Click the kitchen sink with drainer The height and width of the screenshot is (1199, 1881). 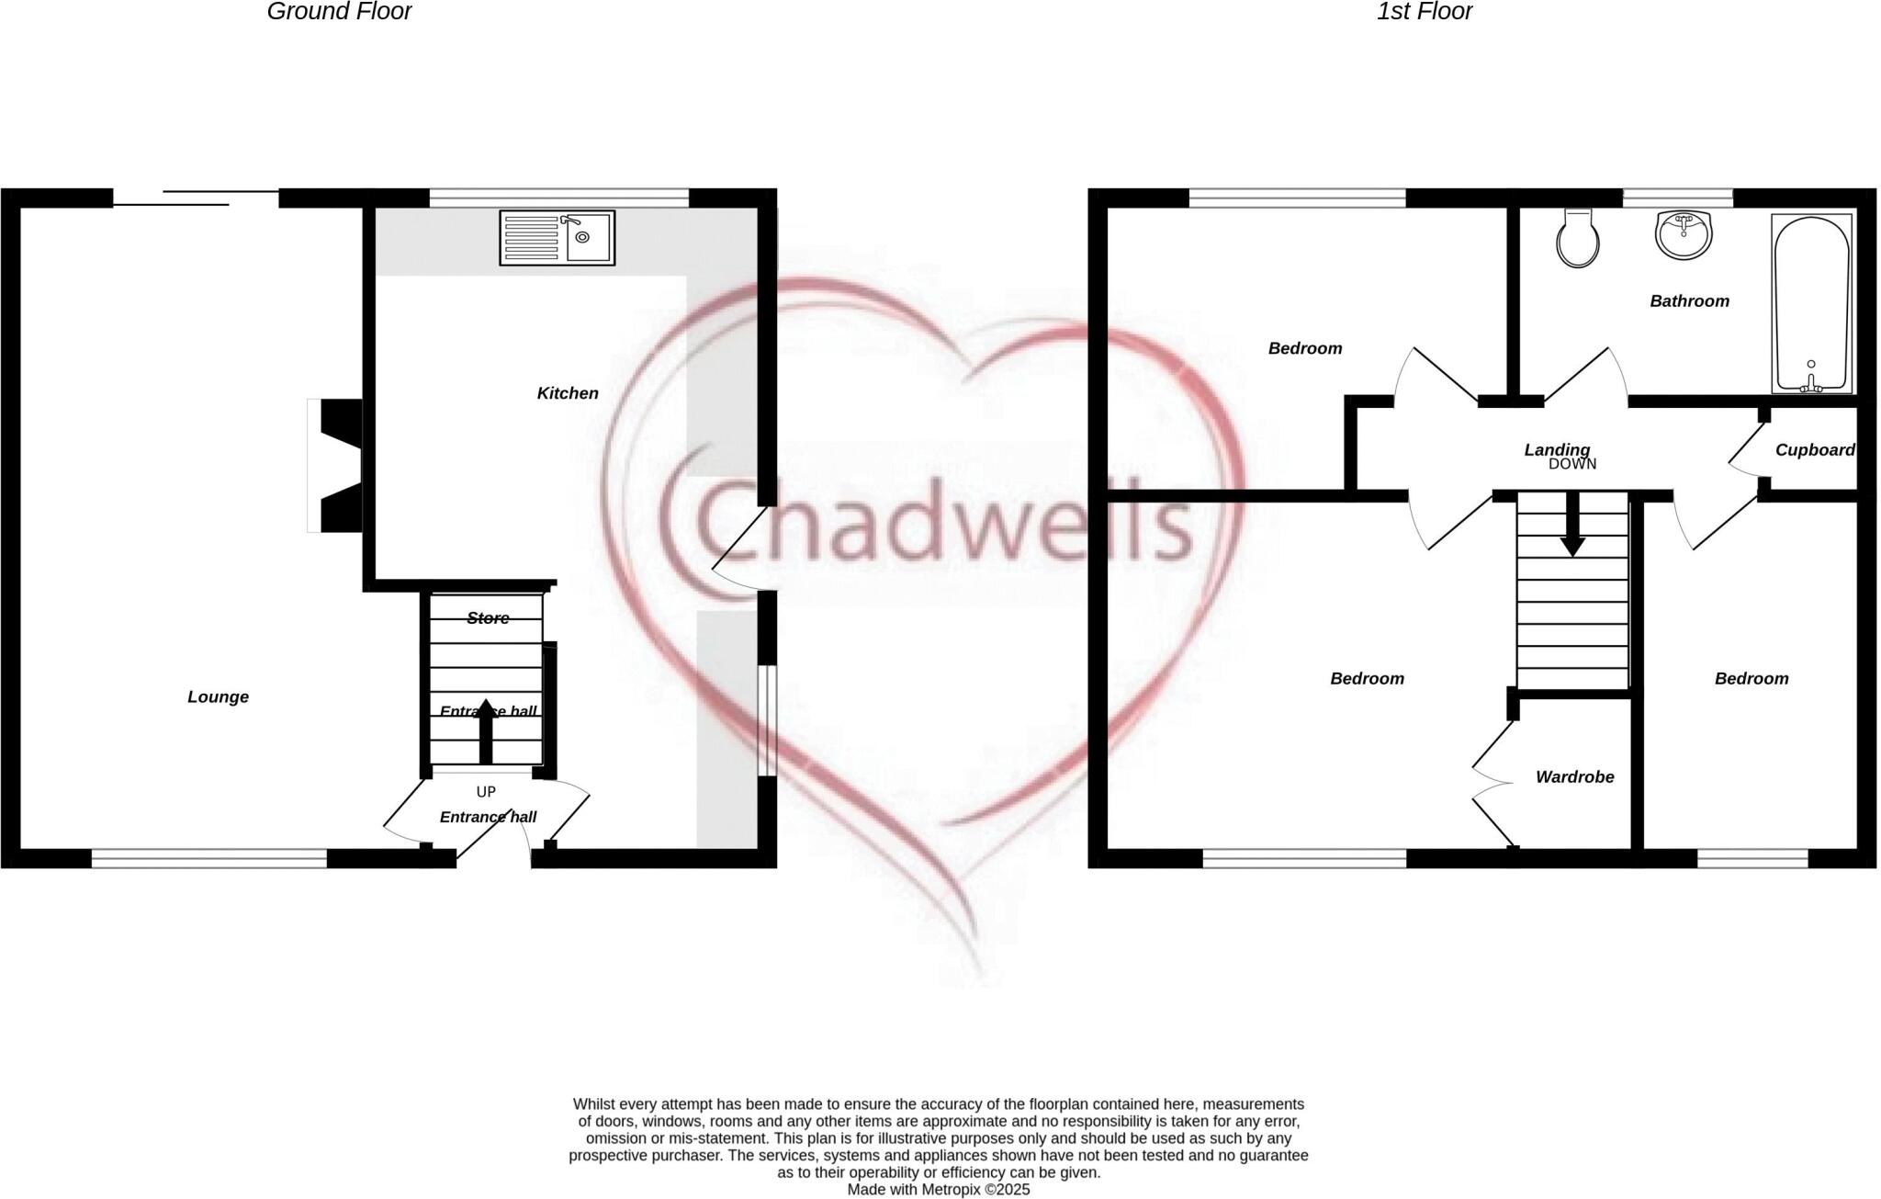coord(557,238)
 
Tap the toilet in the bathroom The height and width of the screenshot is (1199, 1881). coord(1578,239)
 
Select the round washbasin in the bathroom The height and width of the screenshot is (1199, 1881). coord(1684,234)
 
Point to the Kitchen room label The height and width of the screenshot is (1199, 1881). coord(568,393)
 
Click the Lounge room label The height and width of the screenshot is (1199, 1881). coord(218,696)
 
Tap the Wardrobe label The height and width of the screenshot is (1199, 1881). coord(1574,777)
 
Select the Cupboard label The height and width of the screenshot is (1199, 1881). coord(1814,450)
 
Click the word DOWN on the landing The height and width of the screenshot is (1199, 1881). coord(1572,465)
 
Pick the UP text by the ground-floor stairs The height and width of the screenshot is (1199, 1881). coord(486,792)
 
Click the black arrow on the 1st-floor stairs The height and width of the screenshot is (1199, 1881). coord(1572,526)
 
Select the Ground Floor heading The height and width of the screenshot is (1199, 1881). coord(339,12)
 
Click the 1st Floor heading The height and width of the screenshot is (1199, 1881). coord(1424,12)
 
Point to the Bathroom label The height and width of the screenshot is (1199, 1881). coord(1689,301)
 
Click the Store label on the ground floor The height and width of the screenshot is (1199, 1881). coord(488,618)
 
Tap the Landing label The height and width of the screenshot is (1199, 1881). coord(1556,449)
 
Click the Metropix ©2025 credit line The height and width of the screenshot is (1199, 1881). coord(938,1190)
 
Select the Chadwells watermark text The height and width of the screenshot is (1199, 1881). coord(946,524)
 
